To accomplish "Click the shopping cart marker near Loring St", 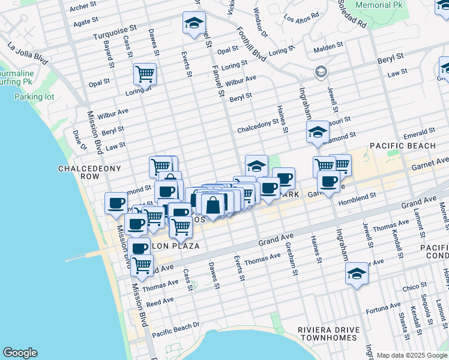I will coord(145,74).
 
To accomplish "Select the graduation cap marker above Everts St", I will coord(194,23).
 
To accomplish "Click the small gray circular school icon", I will coord(321,72).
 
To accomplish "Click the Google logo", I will coord(20,353).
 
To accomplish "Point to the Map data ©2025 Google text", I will coord(412,355).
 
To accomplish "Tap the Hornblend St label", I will coord(357,196).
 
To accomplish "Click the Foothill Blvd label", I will coord(251,44).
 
